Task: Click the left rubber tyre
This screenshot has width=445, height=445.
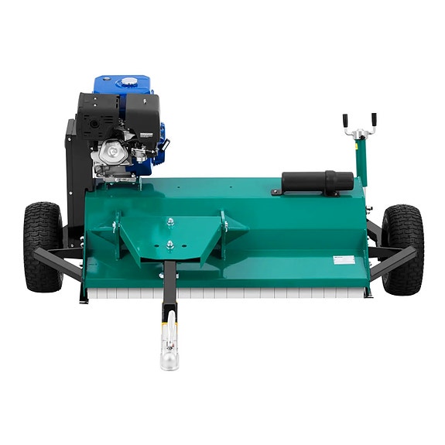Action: click(43, 246)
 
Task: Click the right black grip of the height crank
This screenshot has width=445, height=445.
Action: click(373, 120)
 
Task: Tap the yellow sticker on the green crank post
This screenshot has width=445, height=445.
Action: click(358, 136)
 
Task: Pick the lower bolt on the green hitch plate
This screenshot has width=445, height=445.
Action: click(170, 246)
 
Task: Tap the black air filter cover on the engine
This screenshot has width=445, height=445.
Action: click(143, 116)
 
